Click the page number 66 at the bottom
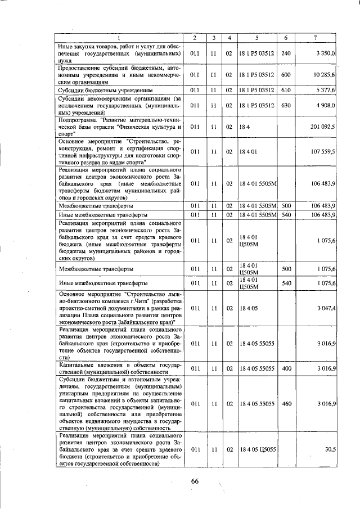(x=195, y=480)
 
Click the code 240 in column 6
(x=285, y=53)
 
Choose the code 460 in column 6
(x=285, y=404)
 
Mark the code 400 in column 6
(x=285, y=368)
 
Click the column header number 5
(x=256, y=38)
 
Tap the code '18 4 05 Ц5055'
(x=258, y=450)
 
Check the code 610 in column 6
(x=285, y=89)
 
